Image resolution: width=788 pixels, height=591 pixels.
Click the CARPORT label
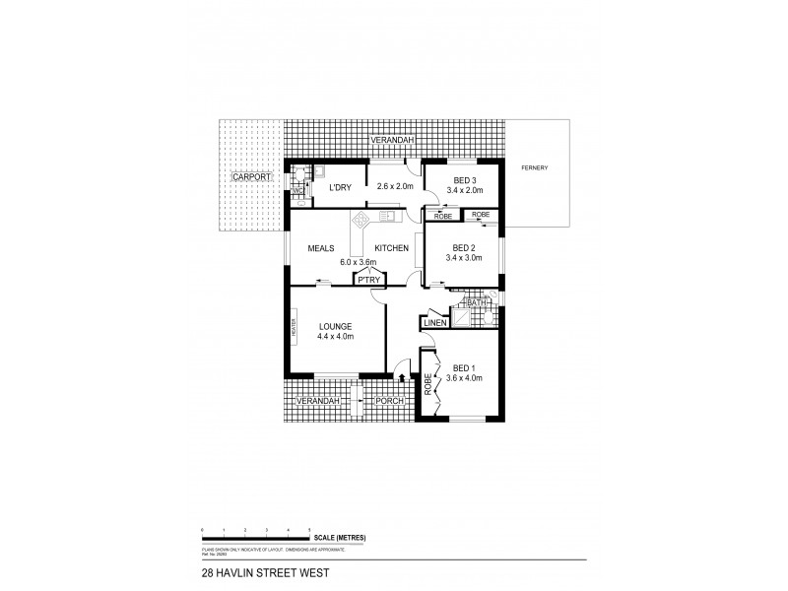[x=250, y=176]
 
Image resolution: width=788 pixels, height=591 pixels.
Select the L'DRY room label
[x=341, y=186]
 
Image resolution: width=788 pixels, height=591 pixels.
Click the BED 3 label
[x=465, y=179]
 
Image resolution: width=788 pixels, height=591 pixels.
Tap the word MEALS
[x=322, y=249]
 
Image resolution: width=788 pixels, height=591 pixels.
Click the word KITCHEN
[x=390, y=249]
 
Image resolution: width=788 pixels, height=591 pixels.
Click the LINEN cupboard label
[x=435, y=322]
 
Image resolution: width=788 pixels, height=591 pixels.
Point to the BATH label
[x=478, y=304]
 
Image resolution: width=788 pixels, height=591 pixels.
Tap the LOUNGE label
[x=336, y=326]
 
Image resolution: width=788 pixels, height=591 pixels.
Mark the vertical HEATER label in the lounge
[x=294, y=326]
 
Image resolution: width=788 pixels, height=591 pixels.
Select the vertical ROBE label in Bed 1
[x=428, y=384]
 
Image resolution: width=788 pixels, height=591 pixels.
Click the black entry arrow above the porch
[x=401, y=375]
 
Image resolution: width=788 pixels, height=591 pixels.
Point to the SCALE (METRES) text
[x=340, y=536]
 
